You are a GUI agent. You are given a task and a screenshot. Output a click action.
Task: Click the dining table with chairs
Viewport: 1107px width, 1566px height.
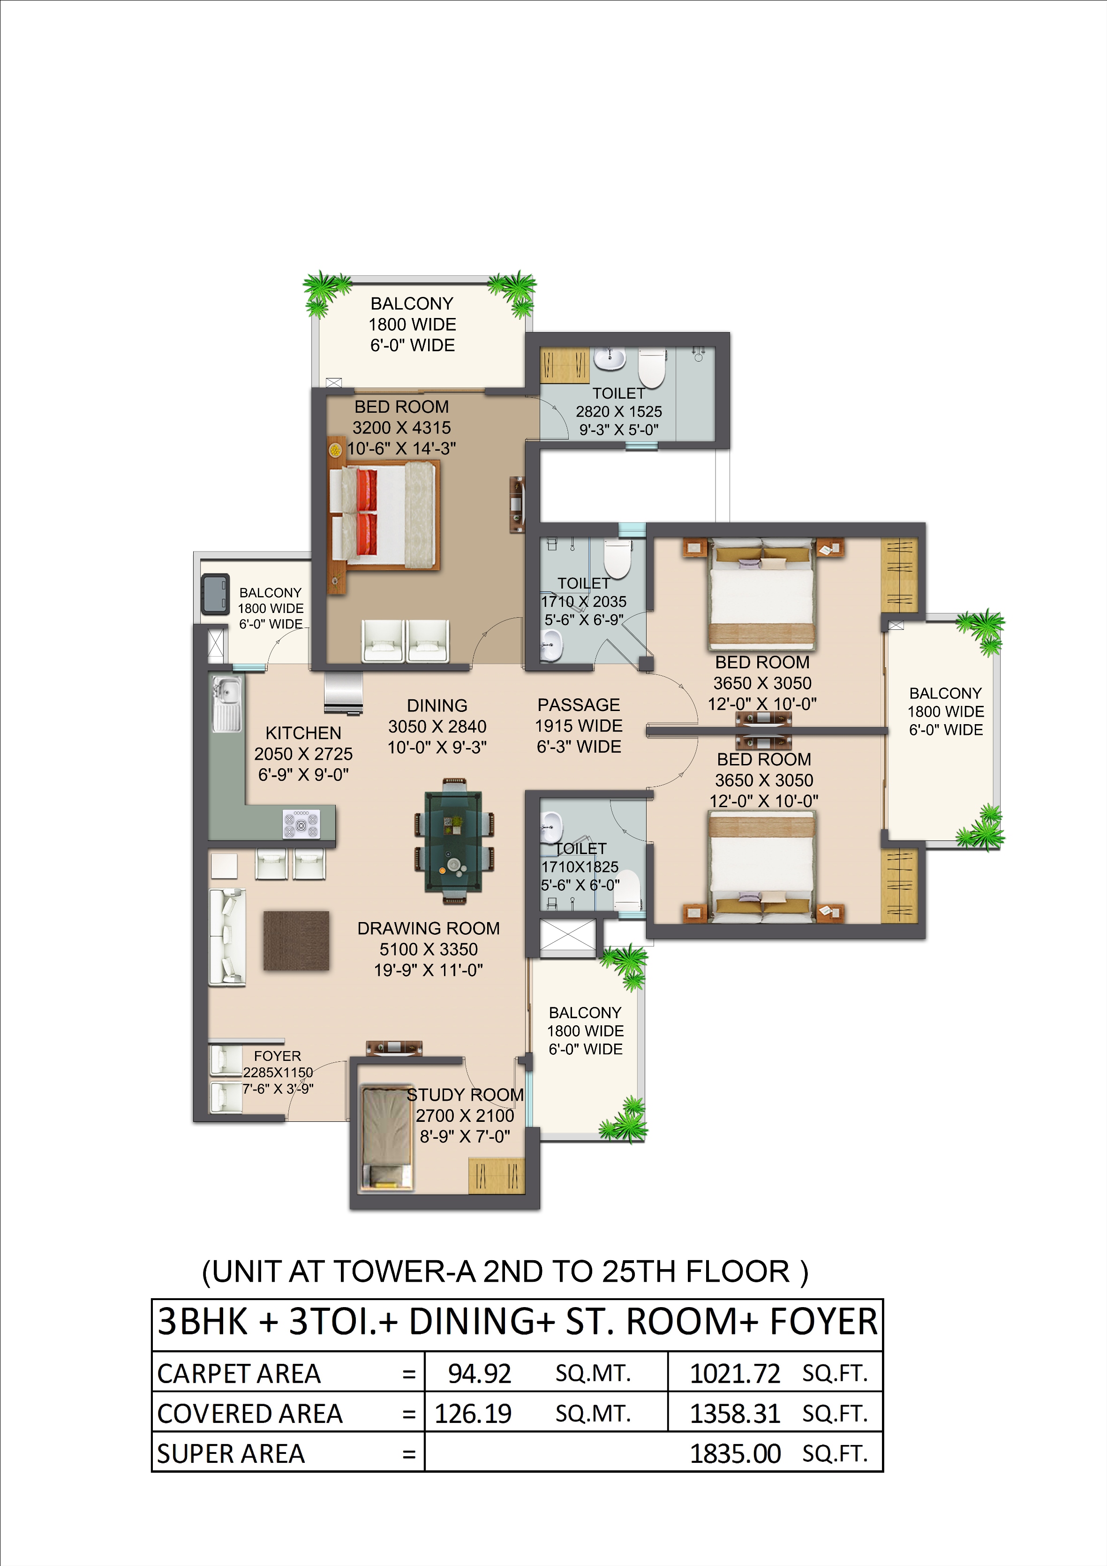[x=453, y=840]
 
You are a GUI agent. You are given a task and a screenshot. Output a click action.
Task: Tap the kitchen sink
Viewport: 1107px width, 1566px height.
[x=226, y=704]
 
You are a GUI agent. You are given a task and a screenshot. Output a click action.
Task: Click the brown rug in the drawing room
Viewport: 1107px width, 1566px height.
[x=296, y=940]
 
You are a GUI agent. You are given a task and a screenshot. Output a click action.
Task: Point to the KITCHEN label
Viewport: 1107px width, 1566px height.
[x=303, y=733]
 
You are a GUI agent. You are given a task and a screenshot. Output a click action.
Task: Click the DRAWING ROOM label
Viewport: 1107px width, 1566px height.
[x=429, y=928]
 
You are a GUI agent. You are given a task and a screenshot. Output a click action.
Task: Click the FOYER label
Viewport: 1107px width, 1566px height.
[x=277, y=1056]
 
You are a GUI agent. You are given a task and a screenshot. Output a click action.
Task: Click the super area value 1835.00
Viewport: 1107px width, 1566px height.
[x=735, y=1453]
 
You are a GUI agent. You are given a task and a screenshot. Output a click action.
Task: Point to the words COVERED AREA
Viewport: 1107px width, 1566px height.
[x=249, y=1414]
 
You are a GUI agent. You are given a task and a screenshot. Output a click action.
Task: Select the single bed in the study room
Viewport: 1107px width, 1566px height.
[x=387, y=1137]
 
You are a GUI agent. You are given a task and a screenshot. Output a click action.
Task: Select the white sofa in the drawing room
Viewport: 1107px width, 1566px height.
[x=226, y=937]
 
